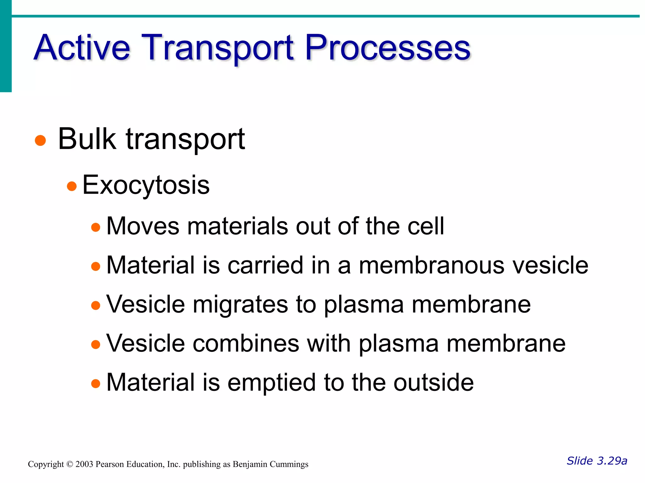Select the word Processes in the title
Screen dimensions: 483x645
(388, 48)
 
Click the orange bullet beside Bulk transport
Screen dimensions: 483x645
(40, 140)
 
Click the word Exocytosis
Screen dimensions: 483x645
(146, 185)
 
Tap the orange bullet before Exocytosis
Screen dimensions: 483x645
(72, 186)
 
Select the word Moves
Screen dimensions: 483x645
(143, 226)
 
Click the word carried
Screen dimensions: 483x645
(265, 265)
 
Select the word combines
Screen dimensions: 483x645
(246, 343)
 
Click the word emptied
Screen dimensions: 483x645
(271, 382)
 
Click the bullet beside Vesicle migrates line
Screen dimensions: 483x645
(95, 305)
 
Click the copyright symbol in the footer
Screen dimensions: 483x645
(70, 464)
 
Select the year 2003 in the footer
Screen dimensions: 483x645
(84, 464)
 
